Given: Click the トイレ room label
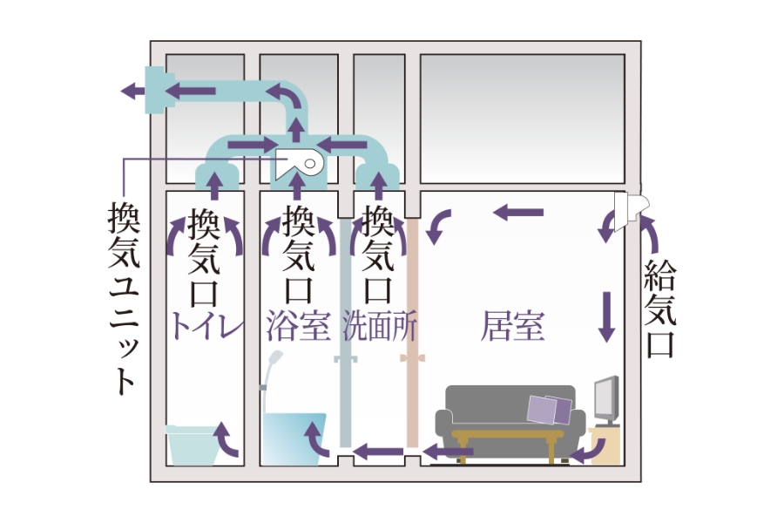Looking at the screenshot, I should (206, 326).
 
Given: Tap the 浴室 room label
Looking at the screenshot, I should (299, 326).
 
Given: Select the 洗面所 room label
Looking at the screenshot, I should (380, 326).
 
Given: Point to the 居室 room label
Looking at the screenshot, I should (513, 326).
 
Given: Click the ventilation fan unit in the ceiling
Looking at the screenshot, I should (300, 163).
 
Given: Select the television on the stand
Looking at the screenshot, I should (606, 400).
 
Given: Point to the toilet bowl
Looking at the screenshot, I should (191, 445).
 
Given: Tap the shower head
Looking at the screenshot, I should (277, 361).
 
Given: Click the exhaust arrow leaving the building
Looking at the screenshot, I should (132, 90).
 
